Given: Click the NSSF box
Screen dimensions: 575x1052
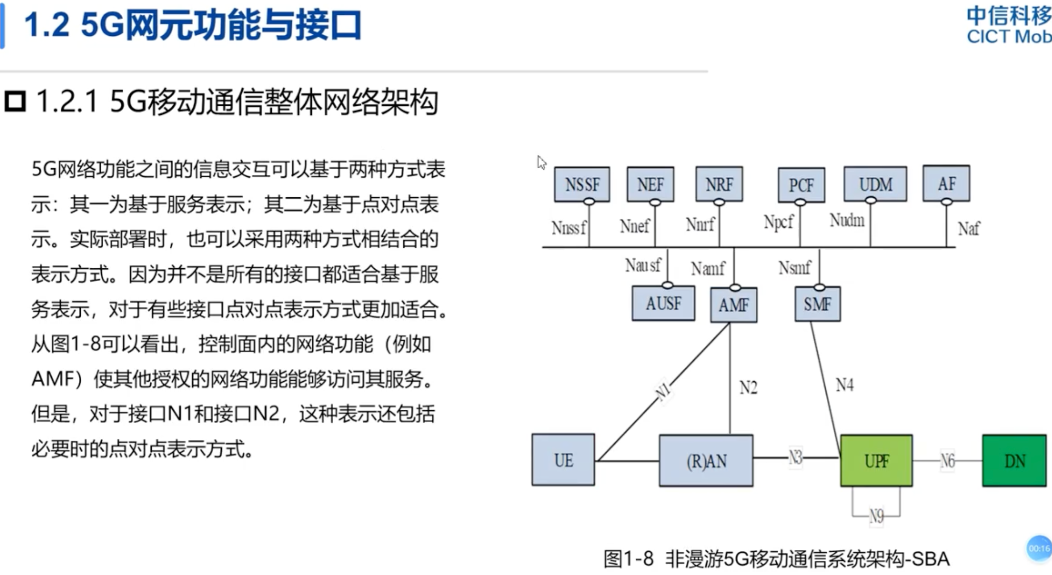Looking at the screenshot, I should tap(582, 184).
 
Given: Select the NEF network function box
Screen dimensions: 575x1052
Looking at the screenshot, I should tap(650, 184).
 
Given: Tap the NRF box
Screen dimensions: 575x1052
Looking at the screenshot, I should tap(719, 184).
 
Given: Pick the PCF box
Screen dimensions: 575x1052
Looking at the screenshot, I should tap(801, 185).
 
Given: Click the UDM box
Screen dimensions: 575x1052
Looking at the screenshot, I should tap(875, 184).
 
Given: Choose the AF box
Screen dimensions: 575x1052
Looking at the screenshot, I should tap(946, 183).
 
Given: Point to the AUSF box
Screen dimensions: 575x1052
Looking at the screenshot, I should tap(663, 304).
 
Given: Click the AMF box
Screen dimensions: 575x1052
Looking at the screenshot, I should tap(733, 305).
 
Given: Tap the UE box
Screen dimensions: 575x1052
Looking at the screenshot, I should tap(563, 460).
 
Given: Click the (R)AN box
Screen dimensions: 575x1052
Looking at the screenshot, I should tap(706, 461).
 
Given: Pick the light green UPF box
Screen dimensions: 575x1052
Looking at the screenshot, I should tap(876, 461).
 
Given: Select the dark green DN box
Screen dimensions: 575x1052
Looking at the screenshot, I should tap(1014, 461).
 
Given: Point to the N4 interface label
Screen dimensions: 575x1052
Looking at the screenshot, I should tap(844, 385).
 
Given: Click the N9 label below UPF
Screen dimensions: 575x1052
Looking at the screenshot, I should tap(876, 516).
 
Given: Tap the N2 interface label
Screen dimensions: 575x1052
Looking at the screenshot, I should tap(748, 387).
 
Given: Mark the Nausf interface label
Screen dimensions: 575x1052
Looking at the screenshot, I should tap(642, 266).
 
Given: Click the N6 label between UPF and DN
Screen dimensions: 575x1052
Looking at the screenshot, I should tap(947, 461).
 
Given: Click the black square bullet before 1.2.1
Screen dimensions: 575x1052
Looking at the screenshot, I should tap(15, 101).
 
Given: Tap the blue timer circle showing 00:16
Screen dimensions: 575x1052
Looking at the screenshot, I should tap(1039, 548).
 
